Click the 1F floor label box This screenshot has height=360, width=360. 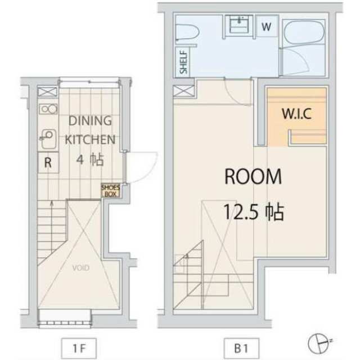79,349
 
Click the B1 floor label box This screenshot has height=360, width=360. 241,349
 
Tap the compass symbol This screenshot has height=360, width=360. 319,344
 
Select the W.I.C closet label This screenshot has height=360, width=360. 296,114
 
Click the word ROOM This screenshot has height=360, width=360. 253,176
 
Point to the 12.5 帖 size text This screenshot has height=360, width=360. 254,212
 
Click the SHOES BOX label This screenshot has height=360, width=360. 111,191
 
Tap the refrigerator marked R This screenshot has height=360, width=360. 48,163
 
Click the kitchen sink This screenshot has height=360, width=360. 48,139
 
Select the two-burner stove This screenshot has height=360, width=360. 48,109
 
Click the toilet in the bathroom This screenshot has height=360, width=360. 186,32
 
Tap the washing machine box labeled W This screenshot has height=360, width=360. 266,26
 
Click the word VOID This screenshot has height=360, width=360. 81,268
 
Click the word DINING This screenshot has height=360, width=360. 90,121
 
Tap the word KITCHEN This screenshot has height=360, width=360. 90,139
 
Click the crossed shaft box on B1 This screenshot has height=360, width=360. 184,91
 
